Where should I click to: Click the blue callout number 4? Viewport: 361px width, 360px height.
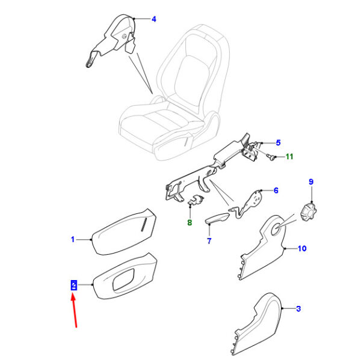pos(154,19)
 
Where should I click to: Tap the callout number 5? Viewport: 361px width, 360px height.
pos(278,143)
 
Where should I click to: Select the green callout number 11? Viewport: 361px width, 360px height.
pos(289,157)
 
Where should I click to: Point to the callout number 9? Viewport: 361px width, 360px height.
pos(311,182)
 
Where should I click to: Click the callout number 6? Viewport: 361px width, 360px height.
pos(276,191)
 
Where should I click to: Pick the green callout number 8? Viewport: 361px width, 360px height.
pos(190,222)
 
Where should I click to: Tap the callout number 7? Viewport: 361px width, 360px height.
pos(209,241)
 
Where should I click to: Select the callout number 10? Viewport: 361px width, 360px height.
pos(302,248)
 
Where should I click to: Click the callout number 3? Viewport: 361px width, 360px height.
pos(298,309)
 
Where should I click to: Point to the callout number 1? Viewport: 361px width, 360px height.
pos(73,239)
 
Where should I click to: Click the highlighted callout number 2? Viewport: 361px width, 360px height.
pos(73,285)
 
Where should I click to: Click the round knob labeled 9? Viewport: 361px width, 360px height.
pos(309,212)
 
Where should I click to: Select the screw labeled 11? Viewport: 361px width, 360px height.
pos(271,157)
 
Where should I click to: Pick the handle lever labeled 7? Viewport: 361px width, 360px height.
pos(217,218)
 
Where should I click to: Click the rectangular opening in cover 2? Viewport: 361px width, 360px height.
pos(123,279)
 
